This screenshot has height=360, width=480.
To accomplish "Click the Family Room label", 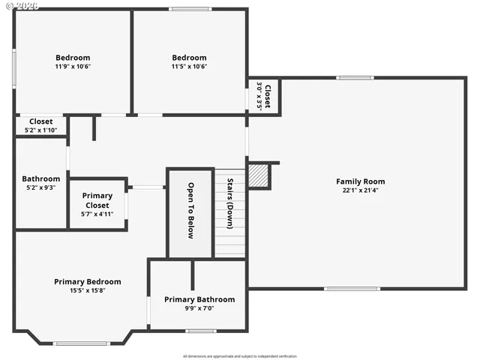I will (360, 181).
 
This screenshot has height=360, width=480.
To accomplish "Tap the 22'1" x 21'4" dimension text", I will (360, 190).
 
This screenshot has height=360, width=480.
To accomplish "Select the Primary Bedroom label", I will (87, 282).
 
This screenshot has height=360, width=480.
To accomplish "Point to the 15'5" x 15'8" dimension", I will (87, 290).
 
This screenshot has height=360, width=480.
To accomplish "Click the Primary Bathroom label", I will (199, 299).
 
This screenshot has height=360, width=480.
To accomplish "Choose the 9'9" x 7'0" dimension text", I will (199, 307).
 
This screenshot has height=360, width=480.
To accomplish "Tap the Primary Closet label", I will (97, 200).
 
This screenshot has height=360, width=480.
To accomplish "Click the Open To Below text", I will (190, 211).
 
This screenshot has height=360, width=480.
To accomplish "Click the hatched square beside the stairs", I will (259, 176).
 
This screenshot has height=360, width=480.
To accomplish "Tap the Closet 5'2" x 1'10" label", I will (40, 125).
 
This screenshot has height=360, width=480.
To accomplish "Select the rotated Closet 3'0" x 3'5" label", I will (264, 95).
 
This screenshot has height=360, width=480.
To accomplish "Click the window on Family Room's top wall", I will (355, 77).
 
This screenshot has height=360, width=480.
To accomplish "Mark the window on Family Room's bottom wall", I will (352, 288).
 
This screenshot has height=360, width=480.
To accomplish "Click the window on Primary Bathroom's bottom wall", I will (201, 331).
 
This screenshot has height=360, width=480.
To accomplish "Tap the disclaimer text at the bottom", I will (240, 355).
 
